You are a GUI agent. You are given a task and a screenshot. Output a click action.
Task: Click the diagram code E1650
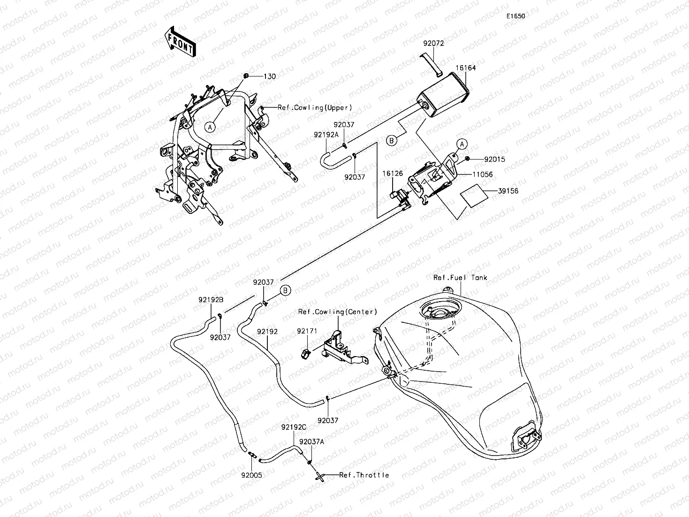[515, 16]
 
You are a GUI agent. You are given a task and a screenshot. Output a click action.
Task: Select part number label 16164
[466, 68]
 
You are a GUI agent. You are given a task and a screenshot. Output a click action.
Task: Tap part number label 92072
[433, 43]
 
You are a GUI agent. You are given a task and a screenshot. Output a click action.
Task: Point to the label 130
[269, 76]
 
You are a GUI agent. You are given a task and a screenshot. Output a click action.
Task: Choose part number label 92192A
[326, 134]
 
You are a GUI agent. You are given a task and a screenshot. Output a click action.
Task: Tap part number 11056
[482, 175]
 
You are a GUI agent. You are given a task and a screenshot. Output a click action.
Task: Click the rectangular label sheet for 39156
[472, 196]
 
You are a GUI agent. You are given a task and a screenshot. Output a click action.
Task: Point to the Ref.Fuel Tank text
[460, 278]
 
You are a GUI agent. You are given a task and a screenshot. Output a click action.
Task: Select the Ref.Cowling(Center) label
[338, 312]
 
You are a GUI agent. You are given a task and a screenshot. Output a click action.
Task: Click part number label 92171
[307, 331]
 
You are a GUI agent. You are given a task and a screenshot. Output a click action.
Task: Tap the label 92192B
[211, 300]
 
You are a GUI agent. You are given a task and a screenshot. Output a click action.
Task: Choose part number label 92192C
[294, 427]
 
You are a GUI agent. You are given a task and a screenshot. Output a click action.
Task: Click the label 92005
[252, 475]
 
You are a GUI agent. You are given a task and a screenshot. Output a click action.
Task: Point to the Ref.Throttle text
[364, 475]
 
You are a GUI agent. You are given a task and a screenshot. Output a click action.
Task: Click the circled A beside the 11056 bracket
[462, 144]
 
